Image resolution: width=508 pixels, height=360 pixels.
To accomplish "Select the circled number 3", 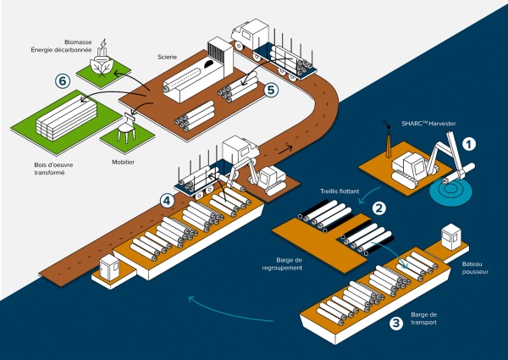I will click(395, 323).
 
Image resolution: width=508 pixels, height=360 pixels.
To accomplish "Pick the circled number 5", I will click(271, 88).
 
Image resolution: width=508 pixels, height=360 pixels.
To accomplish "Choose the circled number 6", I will click(61, 81).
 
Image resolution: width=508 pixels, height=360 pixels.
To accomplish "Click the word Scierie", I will click(168, 58).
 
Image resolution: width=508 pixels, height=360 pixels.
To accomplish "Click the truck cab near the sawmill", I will click(251, 35).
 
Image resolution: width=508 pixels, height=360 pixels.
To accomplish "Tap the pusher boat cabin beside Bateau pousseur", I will click(450, 236).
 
